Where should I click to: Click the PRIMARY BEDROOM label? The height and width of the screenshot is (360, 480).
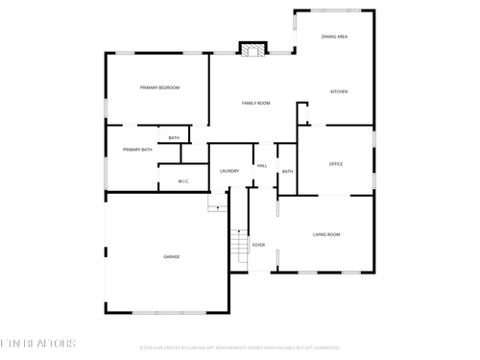tap(159, 87)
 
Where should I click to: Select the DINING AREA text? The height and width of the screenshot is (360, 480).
tap(335, 36)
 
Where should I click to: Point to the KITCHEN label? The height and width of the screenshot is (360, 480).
tap(339, 91)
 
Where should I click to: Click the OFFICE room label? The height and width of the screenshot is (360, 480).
tap(336, 163)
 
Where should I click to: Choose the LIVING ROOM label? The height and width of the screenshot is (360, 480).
tap(326, 234)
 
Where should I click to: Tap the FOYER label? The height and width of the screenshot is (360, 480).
tap(258, 245)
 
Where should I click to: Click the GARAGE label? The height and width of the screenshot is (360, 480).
tap(171, 256)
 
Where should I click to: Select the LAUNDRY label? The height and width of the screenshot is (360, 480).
tap(228, 171)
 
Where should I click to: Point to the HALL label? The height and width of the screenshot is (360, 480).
tap(261, 166)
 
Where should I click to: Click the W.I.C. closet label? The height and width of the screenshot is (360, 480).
tap(184, 180)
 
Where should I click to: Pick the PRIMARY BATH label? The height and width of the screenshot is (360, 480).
tap(137, 149)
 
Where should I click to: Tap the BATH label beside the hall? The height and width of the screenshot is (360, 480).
tap(287, 171)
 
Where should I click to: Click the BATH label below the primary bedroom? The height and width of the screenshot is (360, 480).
tap(174, 138)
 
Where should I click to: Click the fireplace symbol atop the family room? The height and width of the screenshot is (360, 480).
tap(252, 49)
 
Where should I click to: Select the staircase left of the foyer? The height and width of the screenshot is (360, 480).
tap(238, 247)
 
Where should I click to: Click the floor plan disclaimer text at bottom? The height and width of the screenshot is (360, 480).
tap(240, 347)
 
